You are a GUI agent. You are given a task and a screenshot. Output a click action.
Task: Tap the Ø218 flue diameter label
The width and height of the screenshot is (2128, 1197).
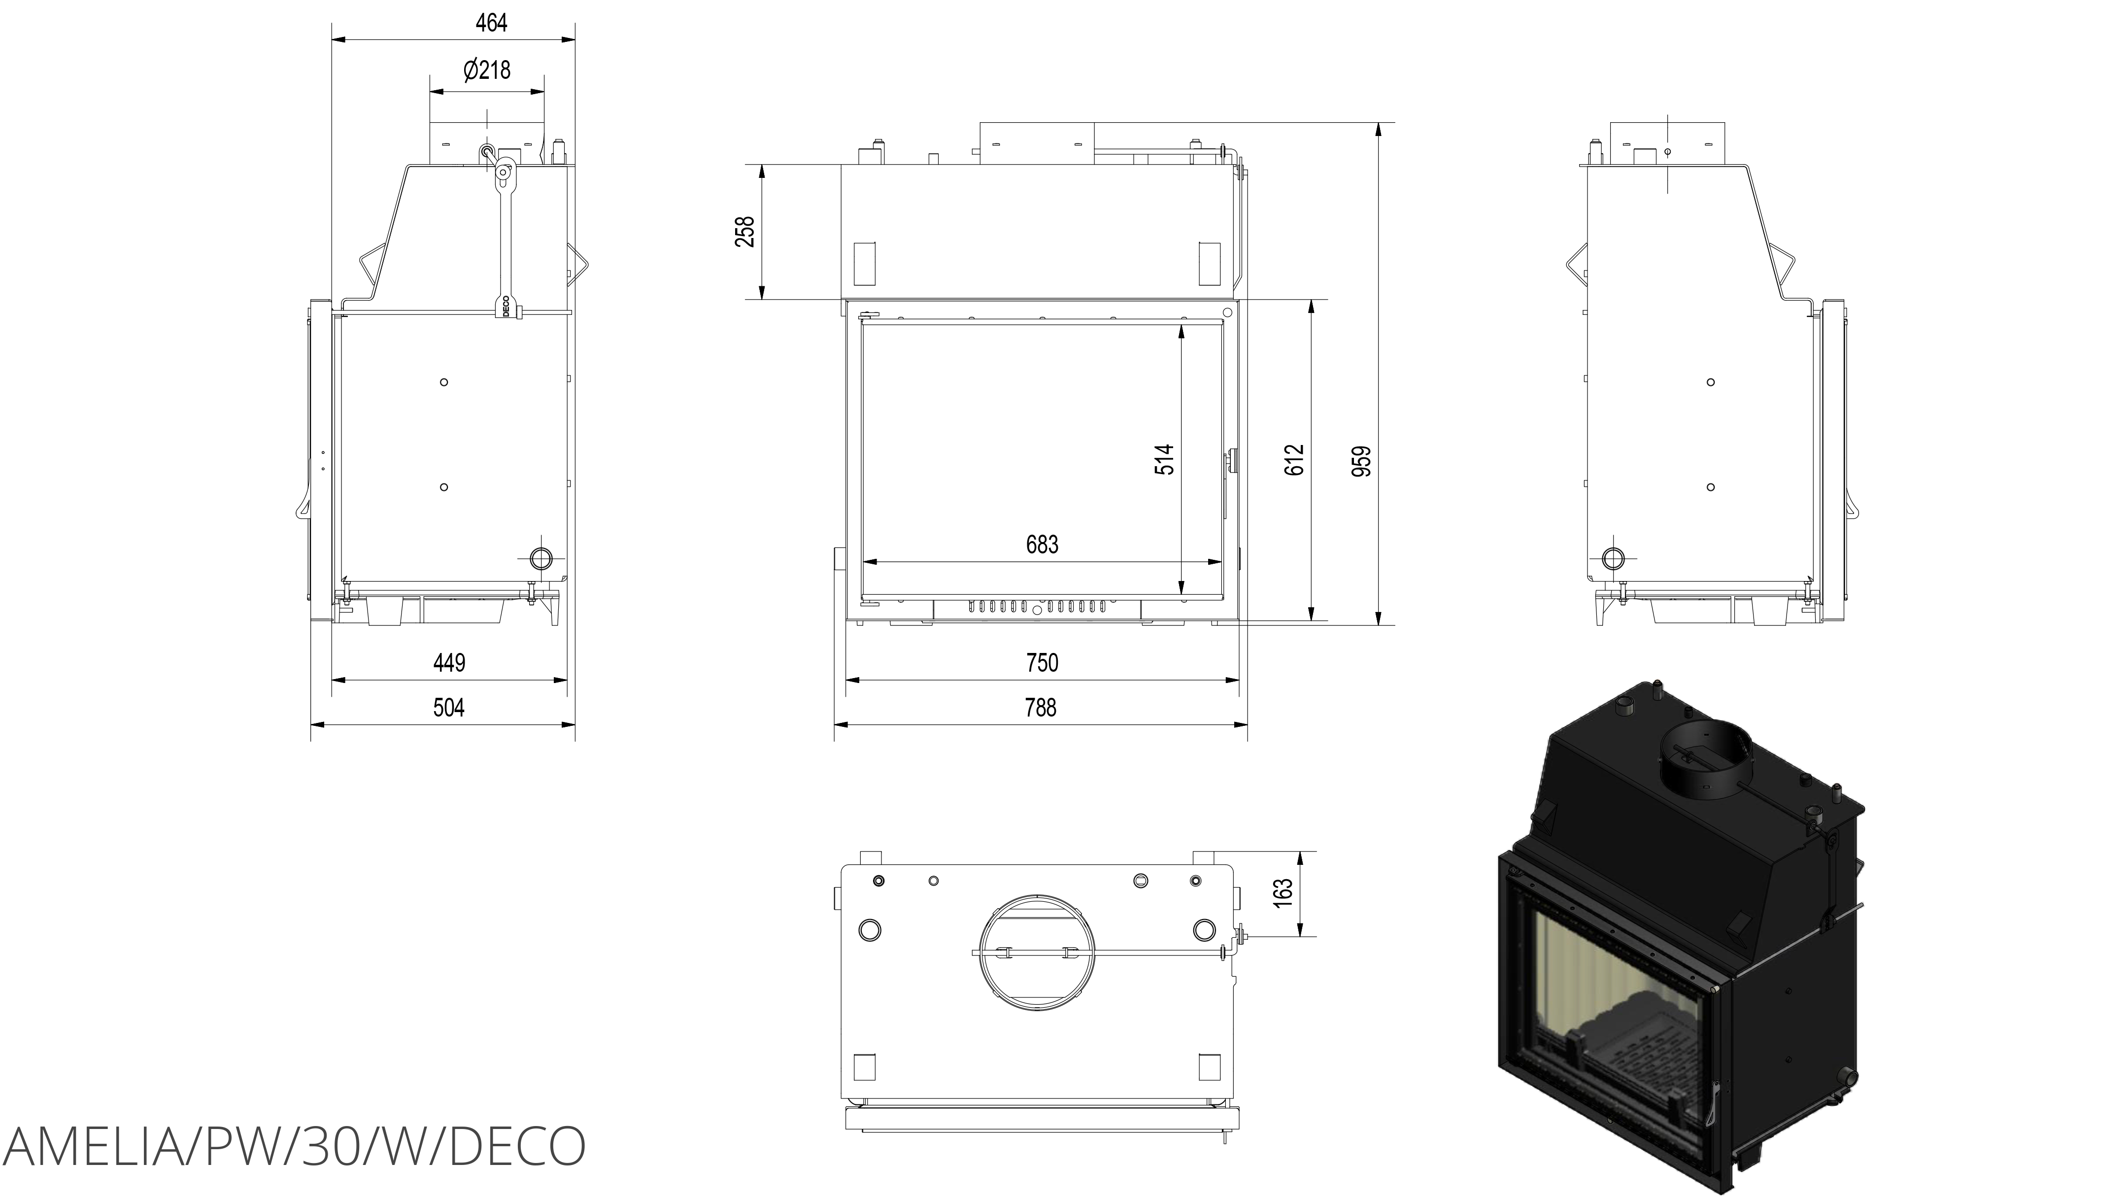pos(487,70)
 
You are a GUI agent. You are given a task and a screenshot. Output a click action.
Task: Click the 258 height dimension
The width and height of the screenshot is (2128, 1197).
pos(745,231)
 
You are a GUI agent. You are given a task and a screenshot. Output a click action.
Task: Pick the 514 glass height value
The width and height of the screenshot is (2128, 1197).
pos(1164,459)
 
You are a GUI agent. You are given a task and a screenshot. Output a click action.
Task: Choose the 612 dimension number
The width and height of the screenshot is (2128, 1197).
pos(1294,459)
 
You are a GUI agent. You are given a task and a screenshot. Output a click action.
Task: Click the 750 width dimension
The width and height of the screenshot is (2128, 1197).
pos(1042,662)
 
